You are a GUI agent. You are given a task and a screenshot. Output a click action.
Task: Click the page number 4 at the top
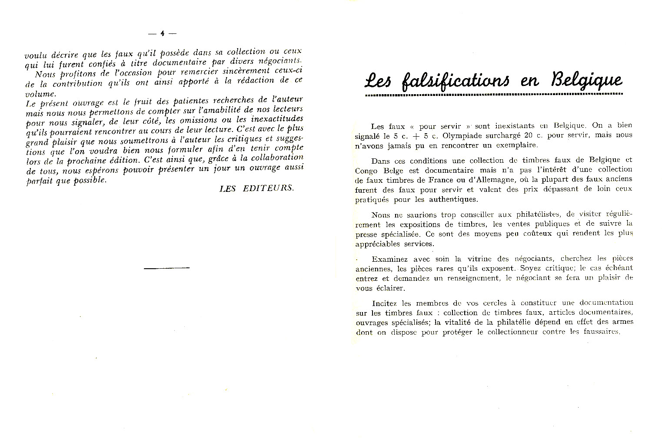click(x=162, y=33)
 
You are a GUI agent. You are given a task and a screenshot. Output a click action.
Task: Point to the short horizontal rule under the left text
click(x=166, y=268)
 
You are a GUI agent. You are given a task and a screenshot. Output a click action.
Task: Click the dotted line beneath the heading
click(x=494, y=94)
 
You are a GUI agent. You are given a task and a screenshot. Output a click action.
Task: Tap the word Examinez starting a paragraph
click(x=389, y=259)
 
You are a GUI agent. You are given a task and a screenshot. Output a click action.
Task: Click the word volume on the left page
click(x=40, y=93)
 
